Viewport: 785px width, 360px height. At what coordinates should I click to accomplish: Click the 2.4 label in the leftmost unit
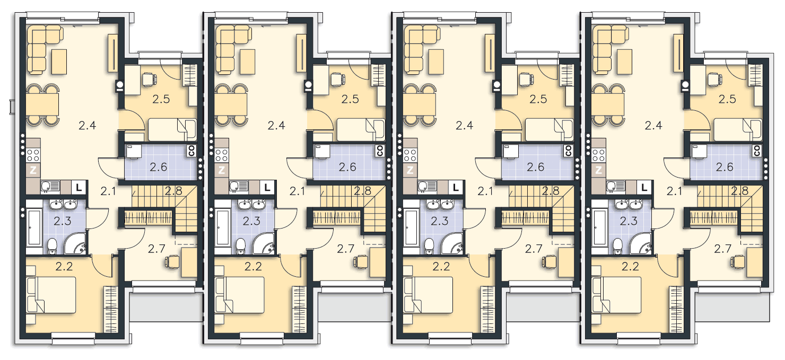[x=88, y=125]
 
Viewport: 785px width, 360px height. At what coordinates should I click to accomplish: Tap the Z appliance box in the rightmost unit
[x=598, y=171]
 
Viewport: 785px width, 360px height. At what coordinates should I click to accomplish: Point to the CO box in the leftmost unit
[x=191, y=151]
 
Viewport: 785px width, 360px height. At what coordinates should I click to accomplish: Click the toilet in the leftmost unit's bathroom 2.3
[x=52, y=246]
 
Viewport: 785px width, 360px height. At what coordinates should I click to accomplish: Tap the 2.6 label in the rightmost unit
[x=725, y=167]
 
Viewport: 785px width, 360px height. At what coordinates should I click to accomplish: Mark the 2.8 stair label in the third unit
[x=551, y=191]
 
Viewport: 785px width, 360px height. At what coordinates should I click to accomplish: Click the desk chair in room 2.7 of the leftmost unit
[x=172, y=261]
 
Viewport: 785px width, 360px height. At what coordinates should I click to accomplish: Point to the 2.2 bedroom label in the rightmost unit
[x=630, y=267]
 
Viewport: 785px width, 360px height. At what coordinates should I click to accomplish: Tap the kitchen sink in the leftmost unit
[x=51, y=186]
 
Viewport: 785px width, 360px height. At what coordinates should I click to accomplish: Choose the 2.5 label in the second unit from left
[x=350, y=99]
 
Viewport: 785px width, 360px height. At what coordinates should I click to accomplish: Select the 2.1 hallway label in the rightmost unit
[x=675, y=191]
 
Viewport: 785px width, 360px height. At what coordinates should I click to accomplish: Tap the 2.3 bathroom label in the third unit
[x=440, y=221]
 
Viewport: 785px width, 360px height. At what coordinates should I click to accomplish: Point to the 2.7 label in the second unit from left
[x=345, y=249]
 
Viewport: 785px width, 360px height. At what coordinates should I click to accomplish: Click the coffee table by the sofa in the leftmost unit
[x=59, y=62]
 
